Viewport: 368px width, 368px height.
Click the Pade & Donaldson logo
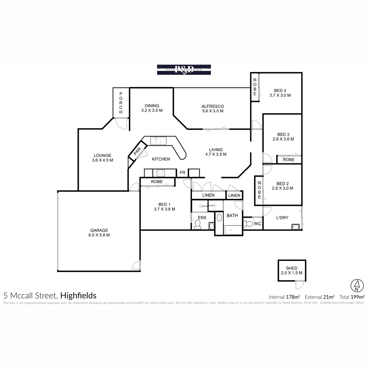[184, 70]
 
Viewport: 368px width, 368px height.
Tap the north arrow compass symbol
[356, 286]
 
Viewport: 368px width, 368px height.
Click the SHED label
[291, 268]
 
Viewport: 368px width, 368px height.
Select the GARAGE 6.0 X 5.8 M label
[99, 233]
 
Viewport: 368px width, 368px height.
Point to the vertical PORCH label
[121, 103]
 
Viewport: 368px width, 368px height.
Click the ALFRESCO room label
[213, 106]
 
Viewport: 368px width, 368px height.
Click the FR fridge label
[182, 173]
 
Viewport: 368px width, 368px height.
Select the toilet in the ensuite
[197, 226]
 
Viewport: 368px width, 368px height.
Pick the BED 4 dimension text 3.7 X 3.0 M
[280, 95]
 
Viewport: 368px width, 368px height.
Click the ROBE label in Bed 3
[289, 159]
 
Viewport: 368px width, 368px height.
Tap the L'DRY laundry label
[282, 218]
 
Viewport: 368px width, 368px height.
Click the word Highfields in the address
[79, 296]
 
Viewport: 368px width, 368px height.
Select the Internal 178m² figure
[284, 297]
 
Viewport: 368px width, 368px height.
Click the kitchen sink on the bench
[158, 141]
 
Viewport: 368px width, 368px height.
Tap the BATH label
[232, 216]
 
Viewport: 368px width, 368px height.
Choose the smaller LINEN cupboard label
[234, 195]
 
